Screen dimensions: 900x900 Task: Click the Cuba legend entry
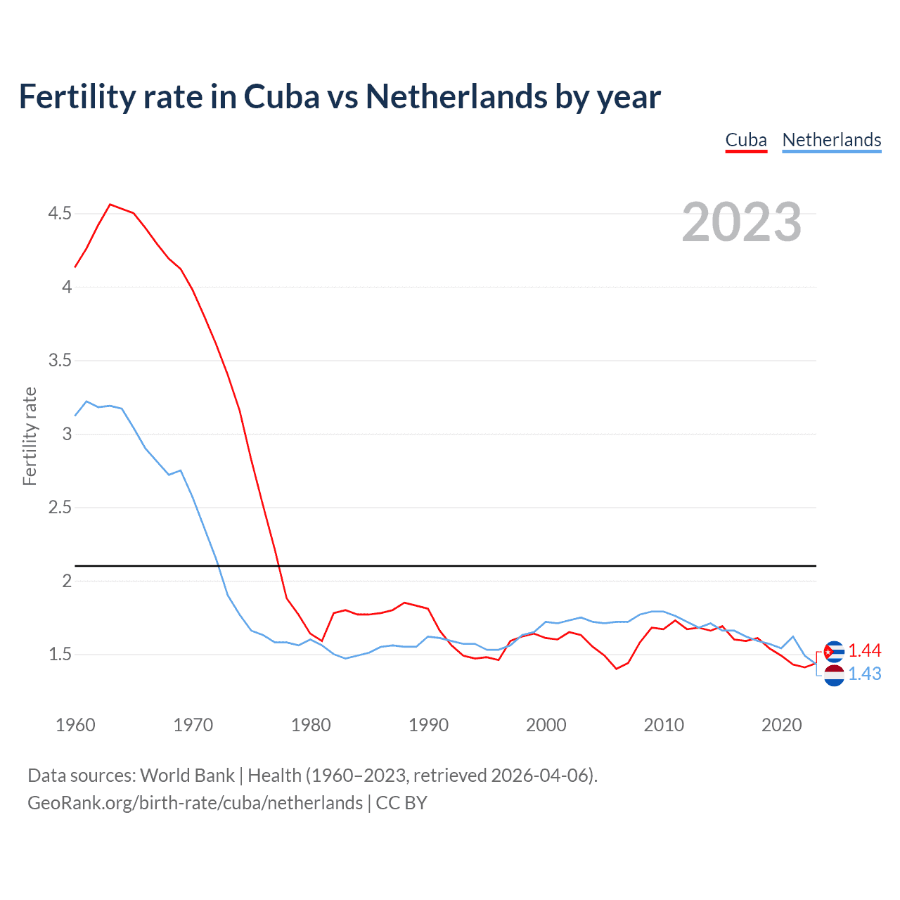point(746,141)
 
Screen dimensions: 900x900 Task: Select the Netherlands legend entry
point(831,141)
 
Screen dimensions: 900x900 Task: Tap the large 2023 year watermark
point(742,222)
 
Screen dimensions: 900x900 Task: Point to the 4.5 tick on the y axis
point(60,213)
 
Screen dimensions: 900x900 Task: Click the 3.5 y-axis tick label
point(60,361)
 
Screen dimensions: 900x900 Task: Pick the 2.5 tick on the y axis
point(60,508)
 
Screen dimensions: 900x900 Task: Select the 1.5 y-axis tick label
point(60,655)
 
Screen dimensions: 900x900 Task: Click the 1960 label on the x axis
point(75,725)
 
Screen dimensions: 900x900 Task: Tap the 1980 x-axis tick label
point(311,725)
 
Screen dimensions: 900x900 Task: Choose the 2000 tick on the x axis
point(546,725)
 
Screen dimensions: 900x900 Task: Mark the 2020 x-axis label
point(781,725)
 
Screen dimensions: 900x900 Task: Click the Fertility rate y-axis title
point(30,436)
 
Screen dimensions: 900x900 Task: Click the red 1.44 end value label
point(864,651)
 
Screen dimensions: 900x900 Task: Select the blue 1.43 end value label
point(864,674)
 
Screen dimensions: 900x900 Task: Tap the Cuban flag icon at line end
point(834,652)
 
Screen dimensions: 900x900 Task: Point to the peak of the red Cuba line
point(110,205)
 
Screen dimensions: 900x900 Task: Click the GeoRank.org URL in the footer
point(195,803)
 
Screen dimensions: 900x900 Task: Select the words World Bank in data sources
point(187,776)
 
